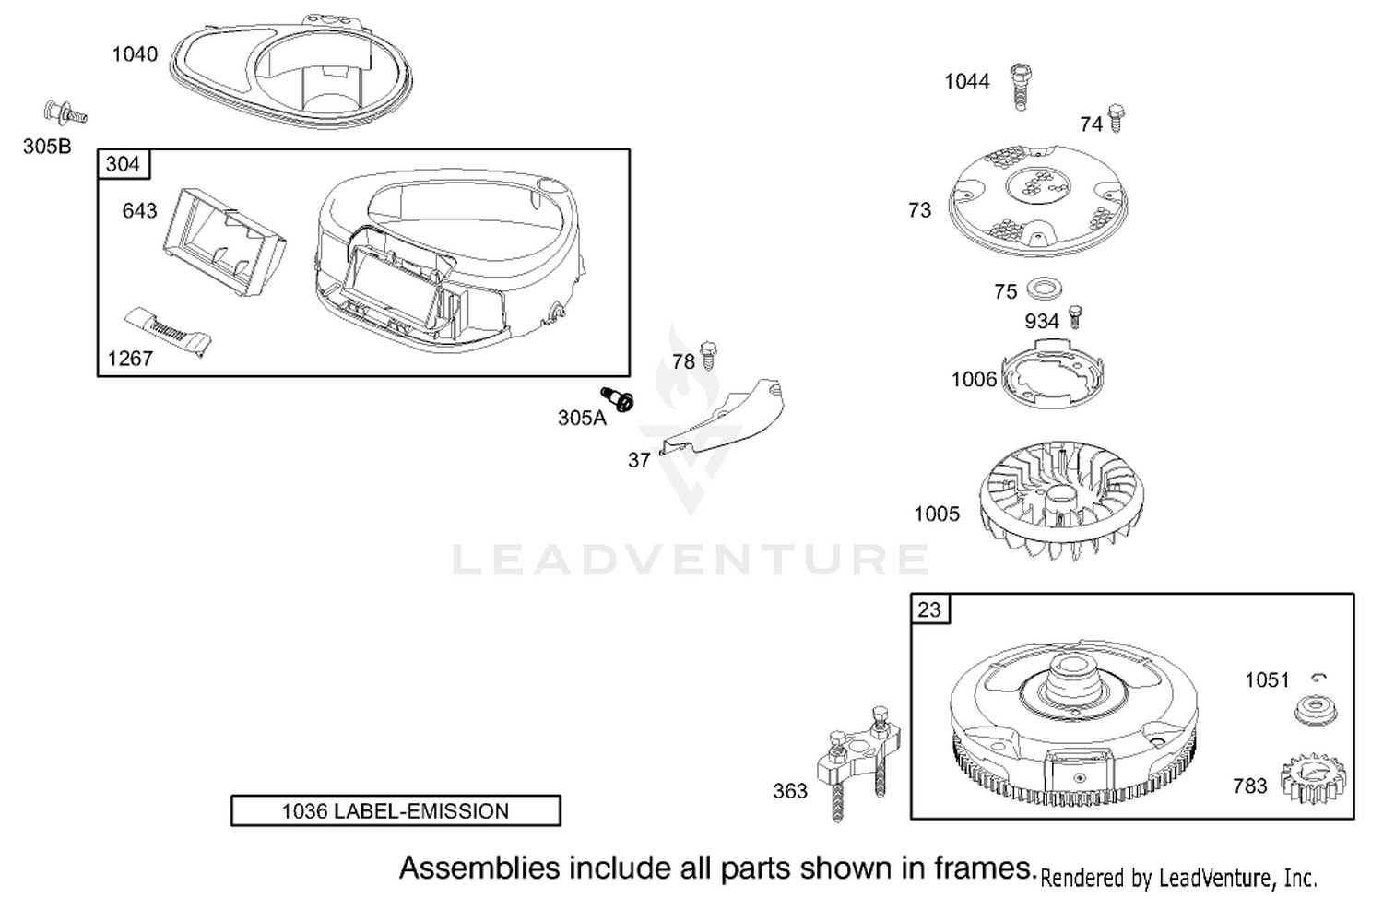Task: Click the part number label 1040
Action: point(135,54)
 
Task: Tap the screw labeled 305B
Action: point(65,113)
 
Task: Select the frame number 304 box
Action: point(124,164)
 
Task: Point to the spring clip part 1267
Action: point(167,331)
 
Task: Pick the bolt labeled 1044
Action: point(1022,87)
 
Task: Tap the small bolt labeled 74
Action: point(1116,119)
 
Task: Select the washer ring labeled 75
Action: point(1044,289)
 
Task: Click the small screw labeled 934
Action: point(1076,316)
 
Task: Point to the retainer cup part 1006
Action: point(1052,374)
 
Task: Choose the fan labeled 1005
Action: point(1061,500)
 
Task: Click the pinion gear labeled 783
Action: point(1313,779)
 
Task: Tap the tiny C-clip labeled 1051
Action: point(1318,678)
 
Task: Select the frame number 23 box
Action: point(929,609)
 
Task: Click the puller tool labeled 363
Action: point(858,763)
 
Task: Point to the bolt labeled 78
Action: point(709,354)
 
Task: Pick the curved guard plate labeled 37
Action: point(722,417)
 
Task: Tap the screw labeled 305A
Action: point(618,399)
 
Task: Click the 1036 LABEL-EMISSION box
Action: point(396,810)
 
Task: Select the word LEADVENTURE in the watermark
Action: point(691,559)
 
